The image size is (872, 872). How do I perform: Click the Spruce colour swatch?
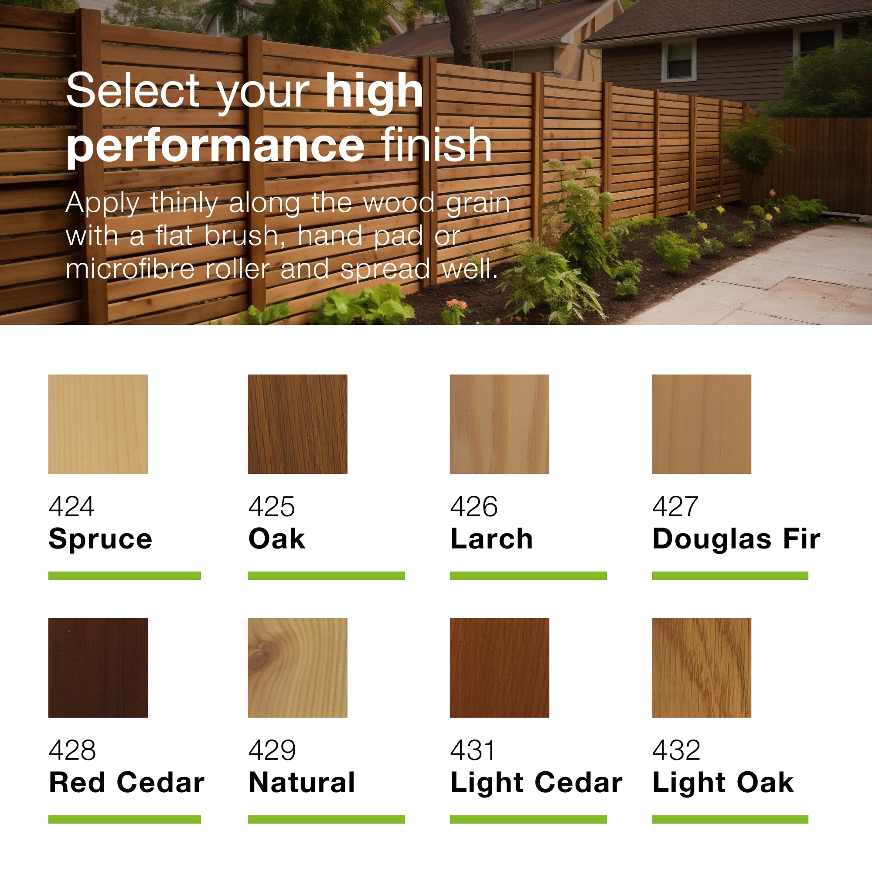pyautogui.click(x=98, y=424)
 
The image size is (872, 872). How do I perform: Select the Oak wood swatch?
pyautogui.click(x=297, y=424)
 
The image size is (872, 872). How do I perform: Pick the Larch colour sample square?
pyautogui.click(x=499, y=424)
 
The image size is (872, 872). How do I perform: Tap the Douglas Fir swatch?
pyautogui.click(x=702, y=424)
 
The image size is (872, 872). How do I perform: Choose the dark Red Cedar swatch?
pyautogui.click(x=98, y=668)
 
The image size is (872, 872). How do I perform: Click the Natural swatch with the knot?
pyautogui.click(x=297, y=668)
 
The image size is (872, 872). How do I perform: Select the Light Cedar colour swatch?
pyautogui.click(x=499, y=668)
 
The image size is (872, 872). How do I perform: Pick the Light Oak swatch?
pyautogui.click(x=702, y=668)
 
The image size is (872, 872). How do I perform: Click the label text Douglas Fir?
pyautogui.click(x=736, y=539)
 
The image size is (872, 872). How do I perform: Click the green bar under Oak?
pyautogui.click(x=326, y=576)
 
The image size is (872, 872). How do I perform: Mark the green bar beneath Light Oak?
pyautogui.click(x=730, y=819)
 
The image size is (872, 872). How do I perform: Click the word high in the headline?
pyautogui.click(x=374, y=92)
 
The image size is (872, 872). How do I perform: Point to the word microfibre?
pyautogui.click(x=130, y=269)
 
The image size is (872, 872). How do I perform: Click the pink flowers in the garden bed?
pyautogui.click(x=457, y=304)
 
